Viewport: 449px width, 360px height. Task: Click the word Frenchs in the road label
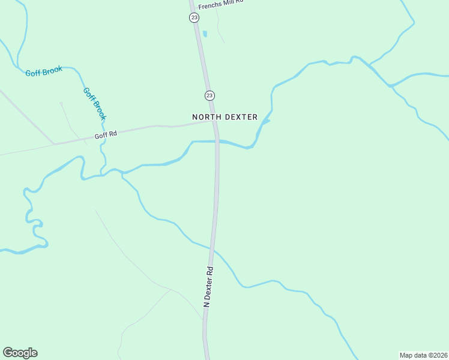point(211,2)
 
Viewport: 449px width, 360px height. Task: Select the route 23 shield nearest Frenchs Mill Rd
point(194,17)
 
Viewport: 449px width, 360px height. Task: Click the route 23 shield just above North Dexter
point(209,95)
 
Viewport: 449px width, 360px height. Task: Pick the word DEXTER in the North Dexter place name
point(241,117)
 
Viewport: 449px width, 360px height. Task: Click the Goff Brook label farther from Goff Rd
point(44,71)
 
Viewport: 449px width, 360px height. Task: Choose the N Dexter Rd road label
point(208,287)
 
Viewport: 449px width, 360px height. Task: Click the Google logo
point(20,353)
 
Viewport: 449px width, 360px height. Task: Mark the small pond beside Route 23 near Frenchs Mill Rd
point(204,34)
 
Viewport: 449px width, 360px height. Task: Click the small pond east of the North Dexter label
point(265,121)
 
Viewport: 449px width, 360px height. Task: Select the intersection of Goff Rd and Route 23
point(215,121)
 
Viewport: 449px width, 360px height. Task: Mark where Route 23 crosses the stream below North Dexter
point(217,142)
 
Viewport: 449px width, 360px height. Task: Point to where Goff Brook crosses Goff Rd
point(103,131)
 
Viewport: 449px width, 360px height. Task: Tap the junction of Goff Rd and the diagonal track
point(54,143)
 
